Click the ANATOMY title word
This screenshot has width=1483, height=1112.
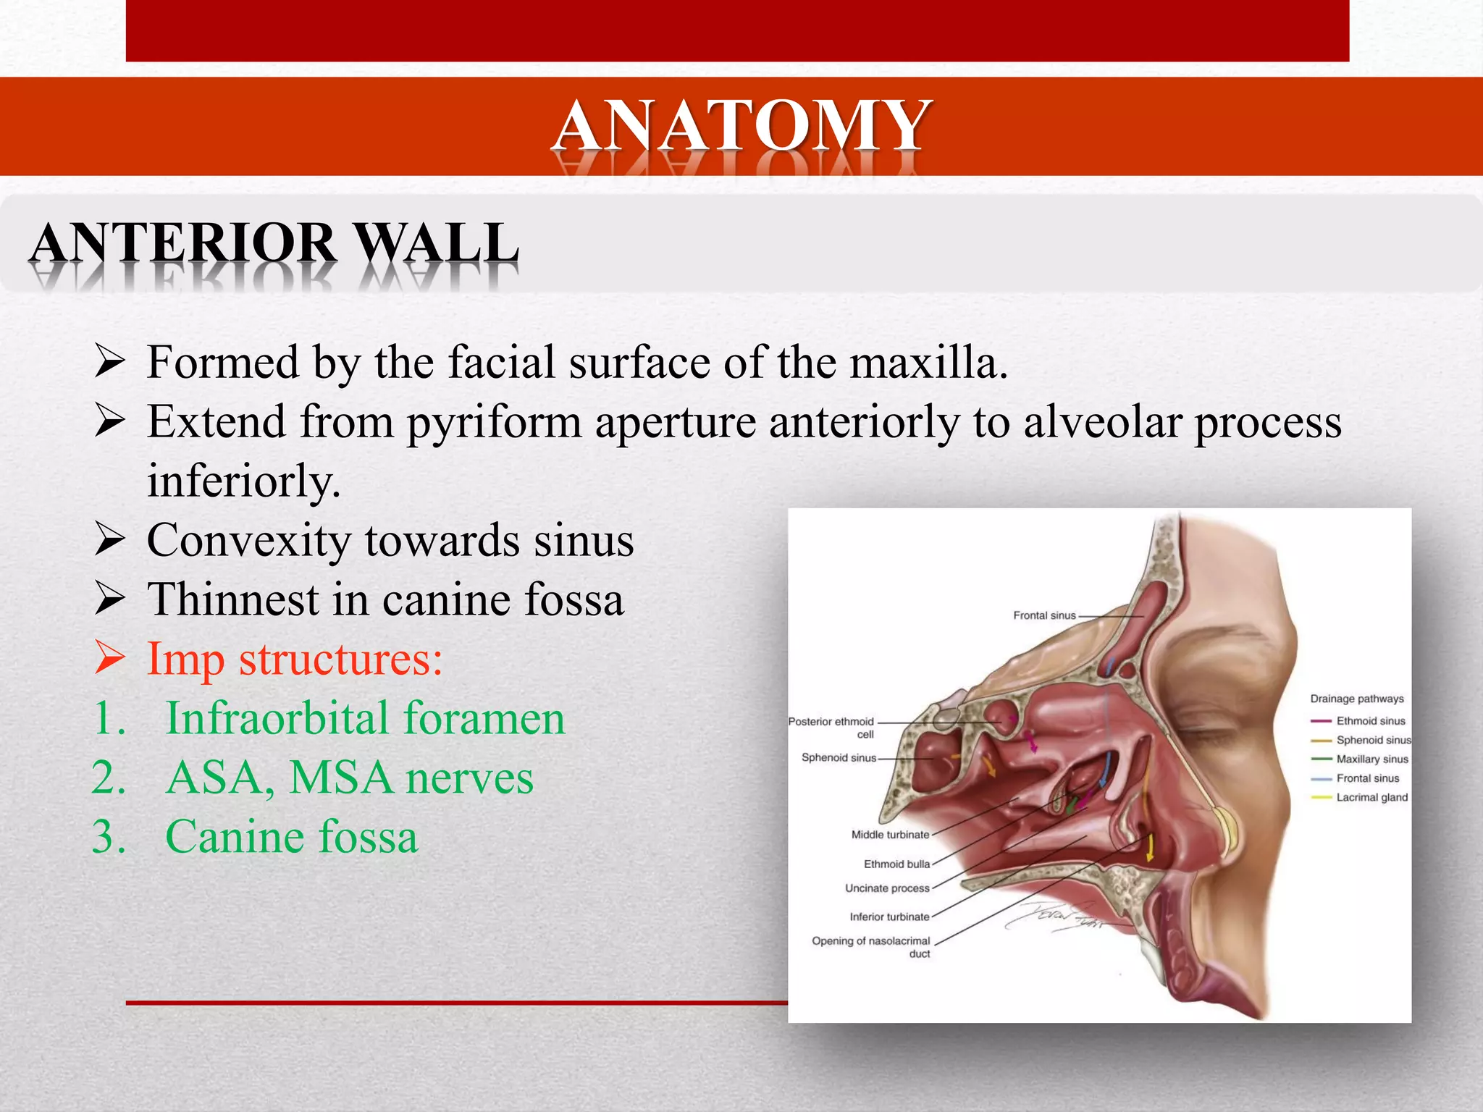pyautogui.click(x=741, y=126)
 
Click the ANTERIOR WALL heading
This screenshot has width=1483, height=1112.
pyautogui.click(x=274, y=243)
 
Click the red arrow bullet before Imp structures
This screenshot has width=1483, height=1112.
pyautogui.click(x=110, y=659)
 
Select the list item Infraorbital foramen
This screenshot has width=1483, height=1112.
pyautogui.click(x=365, y=719)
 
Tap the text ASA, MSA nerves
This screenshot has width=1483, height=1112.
pyautogui.click(x=349, y=778)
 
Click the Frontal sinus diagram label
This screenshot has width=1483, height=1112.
pyautogui.click(x=1044, y=615)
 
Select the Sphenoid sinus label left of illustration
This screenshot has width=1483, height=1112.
pyautogui.click(x=839, y=758)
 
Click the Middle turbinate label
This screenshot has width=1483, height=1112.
pyautogui.click(x=890, y=835)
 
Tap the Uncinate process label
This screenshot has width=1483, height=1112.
pyautogui.click(x=887, y=888)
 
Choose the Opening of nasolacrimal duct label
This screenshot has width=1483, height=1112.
pyautogui.click(x=872, y=946)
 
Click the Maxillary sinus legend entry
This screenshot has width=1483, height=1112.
pyautogui.click(x=1371, y=759)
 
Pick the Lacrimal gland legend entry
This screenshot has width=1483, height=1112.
pyautogui.click(x=1371, y=798)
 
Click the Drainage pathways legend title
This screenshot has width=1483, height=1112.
pyautogui.click(x=1356, y=699)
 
